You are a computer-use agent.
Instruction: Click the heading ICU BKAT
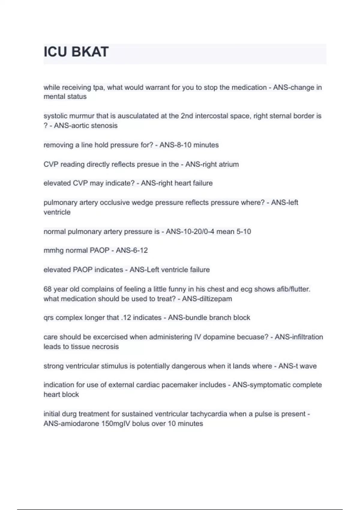[76, 52]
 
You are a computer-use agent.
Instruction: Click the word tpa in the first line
[98, 88]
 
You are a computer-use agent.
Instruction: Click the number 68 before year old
[47, 289]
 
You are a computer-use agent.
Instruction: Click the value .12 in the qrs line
[126, 318]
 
